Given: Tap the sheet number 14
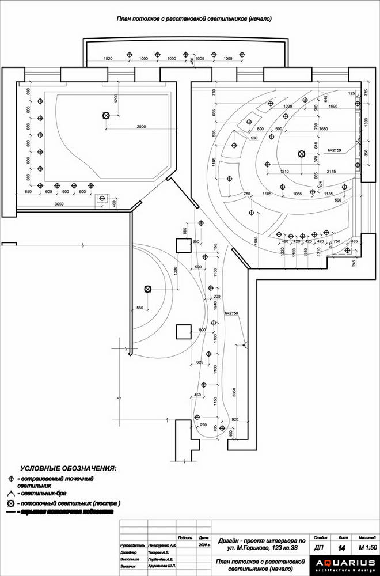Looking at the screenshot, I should (x=342, y=547).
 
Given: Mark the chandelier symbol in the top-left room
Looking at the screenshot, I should (x=105, y=116).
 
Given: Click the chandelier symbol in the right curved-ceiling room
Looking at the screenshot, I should (x=301, y=153).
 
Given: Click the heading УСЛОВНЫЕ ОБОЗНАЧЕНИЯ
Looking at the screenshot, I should (x=68, y=469).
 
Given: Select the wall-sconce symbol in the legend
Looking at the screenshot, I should (x=11, y=494).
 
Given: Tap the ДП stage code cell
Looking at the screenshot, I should (x=319, y=547).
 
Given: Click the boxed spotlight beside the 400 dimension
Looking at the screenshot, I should (x=102, y=199).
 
